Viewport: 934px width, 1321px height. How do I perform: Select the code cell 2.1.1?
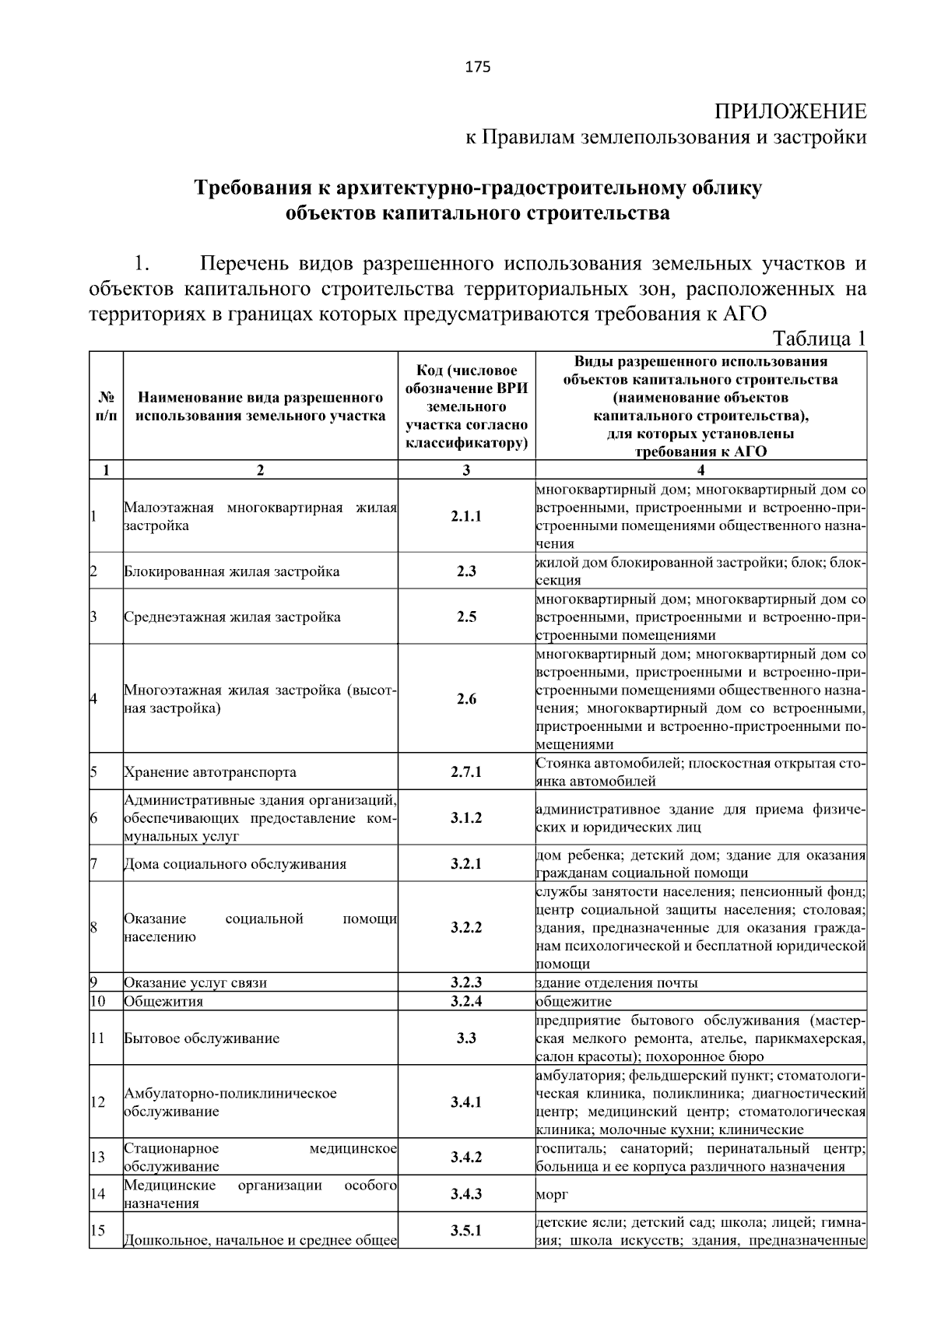pos(466,516)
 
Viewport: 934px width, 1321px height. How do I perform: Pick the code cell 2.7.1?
pos(466,772)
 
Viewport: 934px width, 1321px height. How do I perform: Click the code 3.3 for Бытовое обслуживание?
pos(466,1038)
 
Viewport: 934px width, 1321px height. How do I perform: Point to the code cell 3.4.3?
pos(466,1193)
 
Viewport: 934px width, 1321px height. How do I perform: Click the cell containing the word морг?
pos(552,1194)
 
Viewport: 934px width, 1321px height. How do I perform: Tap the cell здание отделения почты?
pos(616,982)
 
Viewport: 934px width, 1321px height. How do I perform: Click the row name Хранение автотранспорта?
pos(210,773)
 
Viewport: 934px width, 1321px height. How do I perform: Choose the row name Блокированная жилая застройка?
pos(232,571)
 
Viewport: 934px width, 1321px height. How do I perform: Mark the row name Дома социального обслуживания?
pos(235,864)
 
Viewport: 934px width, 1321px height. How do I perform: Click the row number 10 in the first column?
pos(98,1001)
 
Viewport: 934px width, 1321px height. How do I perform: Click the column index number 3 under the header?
pos(466,470)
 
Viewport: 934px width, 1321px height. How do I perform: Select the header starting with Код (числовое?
pos(466,406)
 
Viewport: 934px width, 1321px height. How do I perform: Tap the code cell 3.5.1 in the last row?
pos(466,1231)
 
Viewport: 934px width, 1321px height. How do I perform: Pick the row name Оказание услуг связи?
pos(195,982)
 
